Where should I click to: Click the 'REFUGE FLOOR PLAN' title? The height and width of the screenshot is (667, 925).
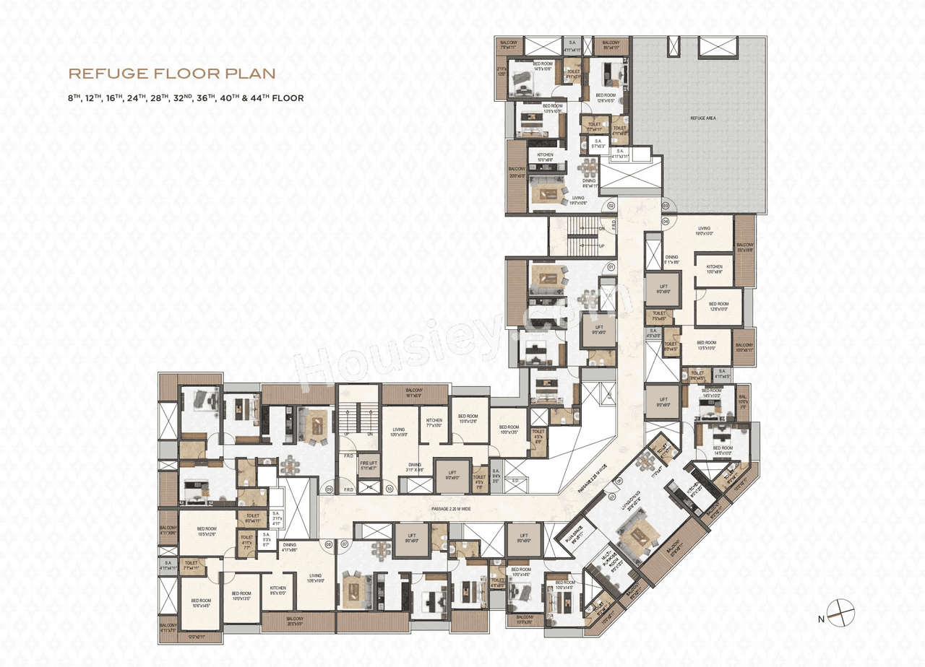(x=172, y=73)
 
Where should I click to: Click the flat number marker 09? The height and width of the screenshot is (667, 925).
(x=329, y=490)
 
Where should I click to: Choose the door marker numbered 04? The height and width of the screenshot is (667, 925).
(x=666, y=221)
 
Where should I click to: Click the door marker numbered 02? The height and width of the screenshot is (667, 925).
(x=611, y=206)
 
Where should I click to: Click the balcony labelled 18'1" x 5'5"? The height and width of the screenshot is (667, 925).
(x=414, y=394)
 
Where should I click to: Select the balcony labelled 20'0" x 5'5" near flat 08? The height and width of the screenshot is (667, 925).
(x=295, y=622)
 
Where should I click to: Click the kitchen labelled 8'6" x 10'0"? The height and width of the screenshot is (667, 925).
(x=278, y=590)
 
